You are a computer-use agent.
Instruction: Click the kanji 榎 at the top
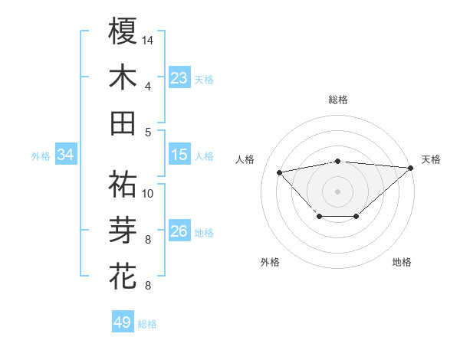123,31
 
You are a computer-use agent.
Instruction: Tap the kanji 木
123,77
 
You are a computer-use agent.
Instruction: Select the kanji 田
123,123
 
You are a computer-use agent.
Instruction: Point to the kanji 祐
123,184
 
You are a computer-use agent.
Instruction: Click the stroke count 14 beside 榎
149,39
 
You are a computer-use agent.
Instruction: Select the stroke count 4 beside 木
147,86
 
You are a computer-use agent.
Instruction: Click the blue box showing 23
179,78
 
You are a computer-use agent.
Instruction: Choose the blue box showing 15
179,155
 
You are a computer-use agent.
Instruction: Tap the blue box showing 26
179,231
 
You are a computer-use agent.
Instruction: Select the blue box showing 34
66,155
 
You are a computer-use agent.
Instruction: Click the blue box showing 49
123,322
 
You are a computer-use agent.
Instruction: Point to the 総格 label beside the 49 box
147,324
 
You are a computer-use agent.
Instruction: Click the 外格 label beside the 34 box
41,156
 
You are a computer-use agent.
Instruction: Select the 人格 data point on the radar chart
279,172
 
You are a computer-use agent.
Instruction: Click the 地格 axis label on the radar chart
402,262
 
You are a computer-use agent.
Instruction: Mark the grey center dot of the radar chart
337,190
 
